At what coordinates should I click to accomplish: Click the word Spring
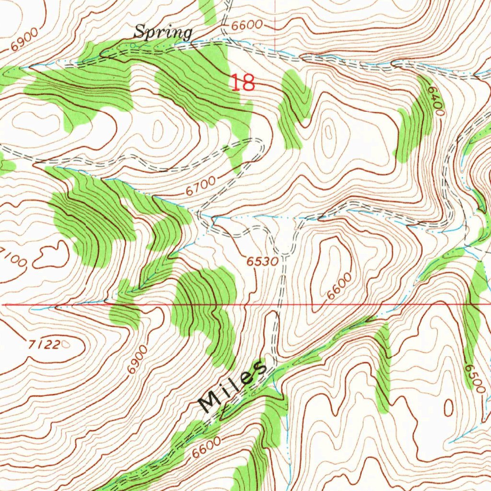point(163,33)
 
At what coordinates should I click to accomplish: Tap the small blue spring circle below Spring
point(133,46)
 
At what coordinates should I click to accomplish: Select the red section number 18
point(243,83)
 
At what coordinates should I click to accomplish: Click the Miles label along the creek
point(233,386)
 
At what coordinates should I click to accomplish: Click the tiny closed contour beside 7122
point(66,343)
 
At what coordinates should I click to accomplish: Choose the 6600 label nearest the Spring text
point(246,25)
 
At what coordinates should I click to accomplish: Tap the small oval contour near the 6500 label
point(449,408)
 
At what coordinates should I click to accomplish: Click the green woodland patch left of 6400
point(413,125)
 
